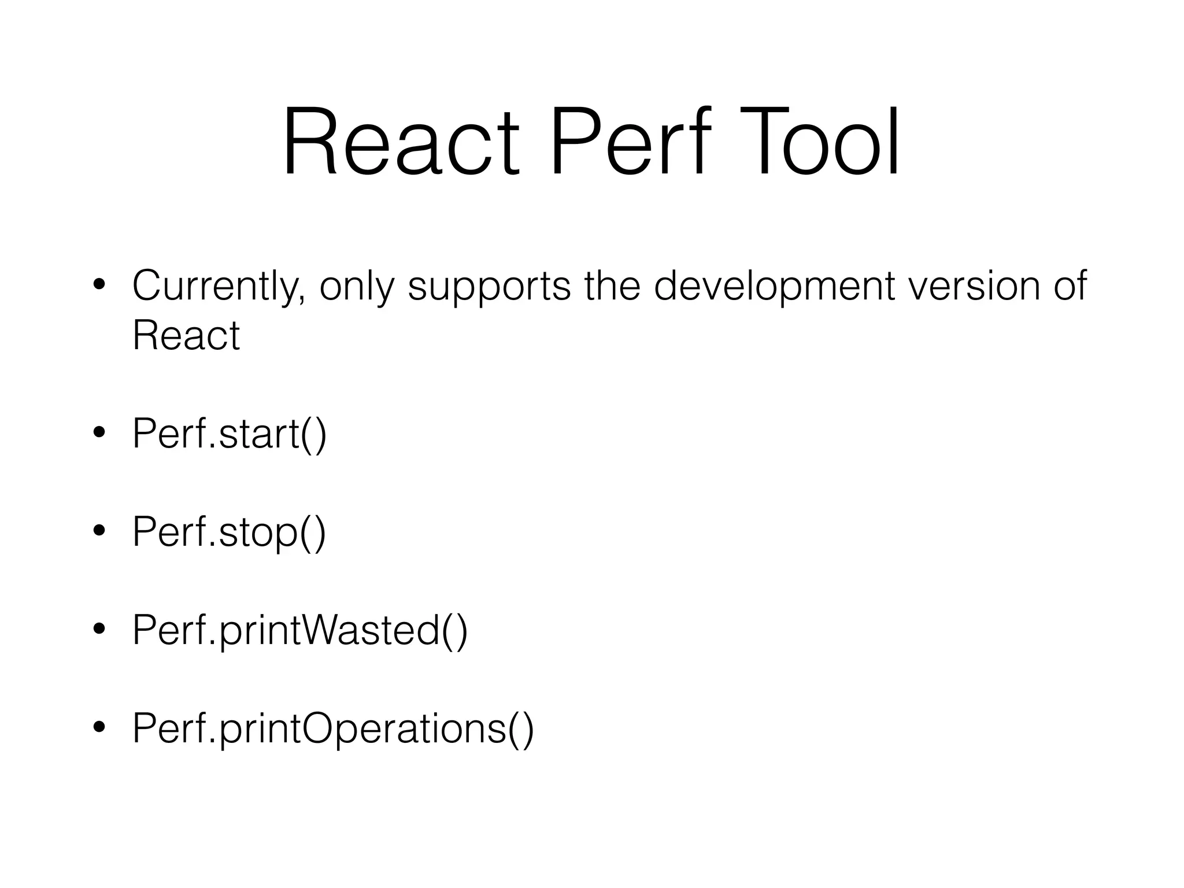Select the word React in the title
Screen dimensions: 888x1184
point(401,142)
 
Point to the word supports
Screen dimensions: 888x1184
point(489,287)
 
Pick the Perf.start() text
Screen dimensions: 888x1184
point(230,434)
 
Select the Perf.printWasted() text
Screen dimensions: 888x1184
point(299,630)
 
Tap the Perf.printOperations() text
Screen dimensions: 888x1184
point(333,728)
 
